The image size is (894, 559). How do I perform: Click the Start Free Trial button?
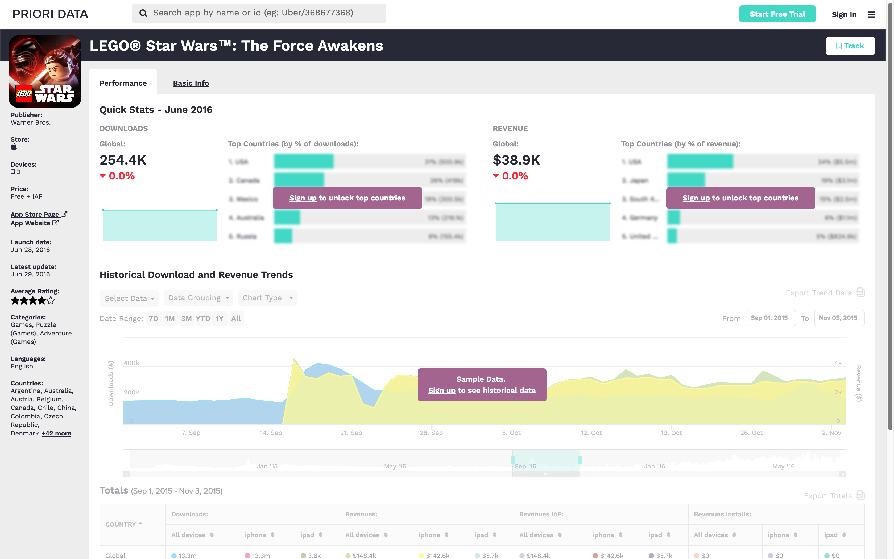click(777, 14)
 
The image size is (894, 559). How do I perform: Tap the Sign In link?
click(844, 14)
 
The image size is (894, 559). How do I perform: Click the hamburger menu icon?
click(871, 14)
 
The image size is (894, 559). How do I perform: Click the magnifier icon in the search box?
click(143, 13)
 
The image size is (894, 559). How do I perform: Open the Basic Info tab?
click(191, 83)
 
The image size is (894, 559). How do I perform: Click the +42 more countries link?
click(56, 433)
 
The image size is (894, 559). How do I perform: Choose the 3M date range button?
click(186, 319)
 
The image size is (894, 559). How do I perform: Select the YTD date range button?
click(203, 319)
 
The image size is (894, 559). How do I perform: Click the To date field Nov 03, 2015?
click(839, 318)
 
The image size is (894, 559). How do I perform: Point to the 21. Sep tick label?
click(351, 433)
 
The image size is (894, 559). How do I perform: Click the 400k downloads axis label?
click(131, 363)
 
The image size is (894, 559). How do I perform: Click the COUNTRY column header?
click(121, 524)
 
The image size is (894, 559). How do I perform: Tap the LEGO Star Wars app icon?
click(45, 71)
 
